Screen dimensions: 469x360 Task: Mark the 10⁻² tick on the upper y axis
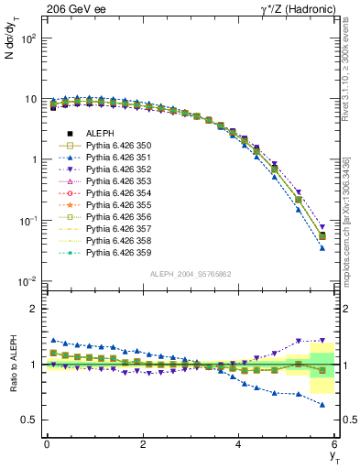click(x=28, y=281)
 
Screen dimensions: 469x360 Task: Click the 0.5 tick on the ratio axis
click(x=28, y=420)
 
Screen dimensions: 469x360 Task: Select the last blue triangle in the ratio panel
click(x=322, y=404)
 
